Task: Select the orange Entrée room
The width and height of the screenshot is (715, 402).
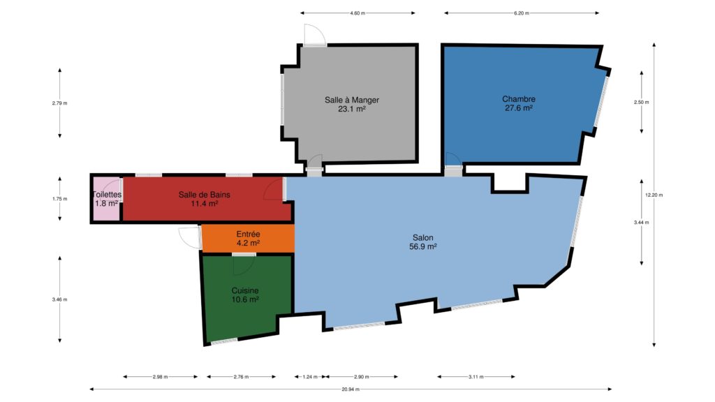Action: point(248,239)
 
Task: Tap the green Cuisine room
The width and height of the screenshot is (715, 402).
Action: point(245,296)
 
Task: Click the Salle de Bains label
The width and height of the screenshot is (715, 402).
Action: point(205,195)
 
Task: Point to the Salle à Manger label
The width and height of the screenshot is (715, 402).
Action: point(352,100)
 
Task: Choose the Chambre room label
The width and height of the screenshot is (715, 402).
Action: point(519,99)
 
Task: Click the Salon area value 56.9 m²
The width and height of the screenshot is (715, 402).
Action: point(423,246)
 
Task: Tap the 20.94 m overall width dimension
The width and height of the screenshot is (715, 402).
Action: point(351,389)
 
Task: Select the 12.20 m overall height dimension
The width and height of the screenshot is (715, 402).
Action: point(654,195)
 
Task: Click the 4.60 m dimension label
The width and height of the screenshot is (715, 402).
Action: point(357,13)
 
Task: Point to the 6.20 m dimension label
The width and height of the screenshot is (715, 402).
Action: point(522,13)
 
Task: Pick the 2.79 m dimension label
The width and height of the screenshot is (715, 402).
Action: point(60,103)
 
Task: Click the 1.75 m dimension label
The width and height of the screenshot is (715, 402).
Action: point(60,199)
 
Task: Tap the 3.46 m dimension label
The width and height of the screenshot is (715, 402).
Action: point(60,299)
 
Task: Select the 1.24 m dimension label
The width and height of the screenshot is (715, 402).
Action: point(310,377)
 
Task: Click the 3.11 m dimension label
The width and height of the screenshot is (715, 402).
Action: point(476,377)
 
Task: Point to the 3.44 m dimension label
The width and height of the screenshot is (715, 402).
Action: point(641,223)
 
